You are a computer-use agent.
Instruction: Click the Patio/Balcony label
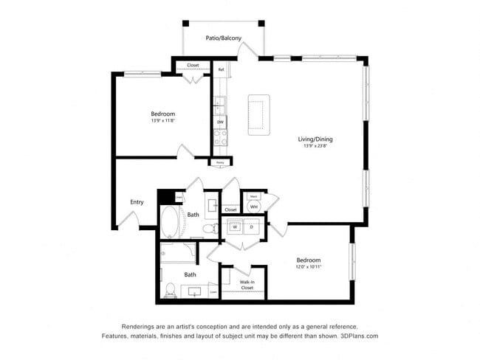click(222, 38)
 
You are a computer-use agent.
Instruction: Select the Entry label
click(137, 202)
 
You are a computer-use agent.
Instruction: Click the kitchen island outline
click(259, 114)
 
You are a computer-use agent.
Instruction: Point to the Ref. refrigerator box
click(221, 70)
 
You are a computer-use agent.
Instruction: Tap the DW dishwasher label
click(220, 122)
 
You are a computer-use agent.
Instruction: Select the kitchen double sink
click(219, 106)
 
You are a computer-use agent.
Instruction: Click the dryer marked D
click(251, 228)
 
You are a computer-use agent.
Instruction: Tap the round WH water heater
click(254, 207)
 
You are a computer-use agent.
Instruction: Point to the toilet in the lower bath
click(170, 290)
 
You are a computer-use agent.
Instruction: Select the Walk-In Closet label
click(247, 285)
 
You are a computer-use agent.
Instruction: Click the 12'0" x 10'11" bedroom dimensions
click(308, 268)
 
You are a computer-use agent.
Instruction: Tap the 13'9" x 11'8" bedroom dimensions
click(162, 121)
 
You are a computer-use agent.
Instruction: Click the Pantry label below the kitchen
click(220, 162)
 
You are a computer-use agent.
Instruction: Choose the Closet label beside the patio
click(193, 66)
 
